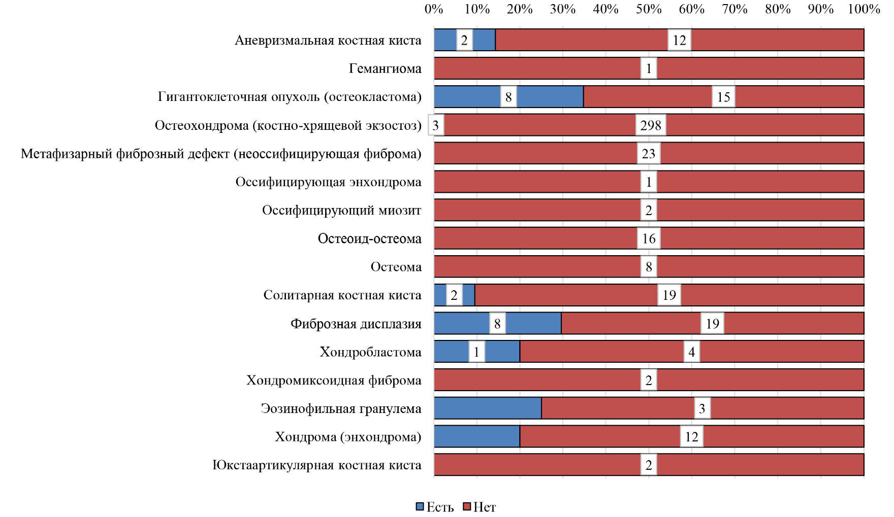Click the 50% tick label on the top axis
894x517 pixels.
pyautogui.click(x=649, y=9)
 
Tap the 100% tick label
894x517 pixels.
pyautogui.click(x=864, y=9)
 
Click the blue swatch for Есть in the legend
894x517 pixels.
pyautogui.click(x=420, y=506)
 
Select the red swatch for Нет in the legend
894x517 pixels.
pyautogui.click(x=467, y=506)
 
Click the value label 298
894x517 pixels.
pyautogui.click(x=651, y=125)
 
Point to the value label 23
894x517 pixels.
pyautogui.click(x=649, y=154)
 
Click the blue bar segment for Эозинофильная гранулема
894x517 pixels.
pyautogui.click(x=487, y=408)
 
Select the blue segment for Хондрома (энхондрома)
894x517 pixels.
pyautogui.click(x=476, y=437)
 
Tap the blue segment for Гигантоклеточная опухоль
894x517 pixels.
pyautogui.click(x=549, y=97)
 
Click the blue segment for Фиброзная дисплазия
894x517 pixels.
pyautogui.click(x=533, y=324)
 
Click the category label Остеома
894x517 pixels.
pyautogui.click(x=396, y=267)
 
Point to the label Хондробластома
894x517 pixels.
pyautogui.click(x=370, y=352)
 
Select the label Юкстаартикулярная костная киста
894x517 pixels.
pyautogui.click(x=316, y=465)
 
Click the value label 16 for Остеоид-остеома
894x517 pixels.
pyautogui.click(x=649, y=238)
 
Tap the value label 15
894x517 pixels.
pyautogui.click(x=723, y=97)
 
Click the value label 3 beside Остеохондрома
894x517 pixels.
pyautogui.click(x=436, y=125)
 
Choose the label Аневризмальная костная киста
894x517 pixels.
pyautogui.click(x=328, y=40)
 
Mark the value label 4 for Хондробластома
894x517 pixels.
pyautogui.click(x=691, y=352)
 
